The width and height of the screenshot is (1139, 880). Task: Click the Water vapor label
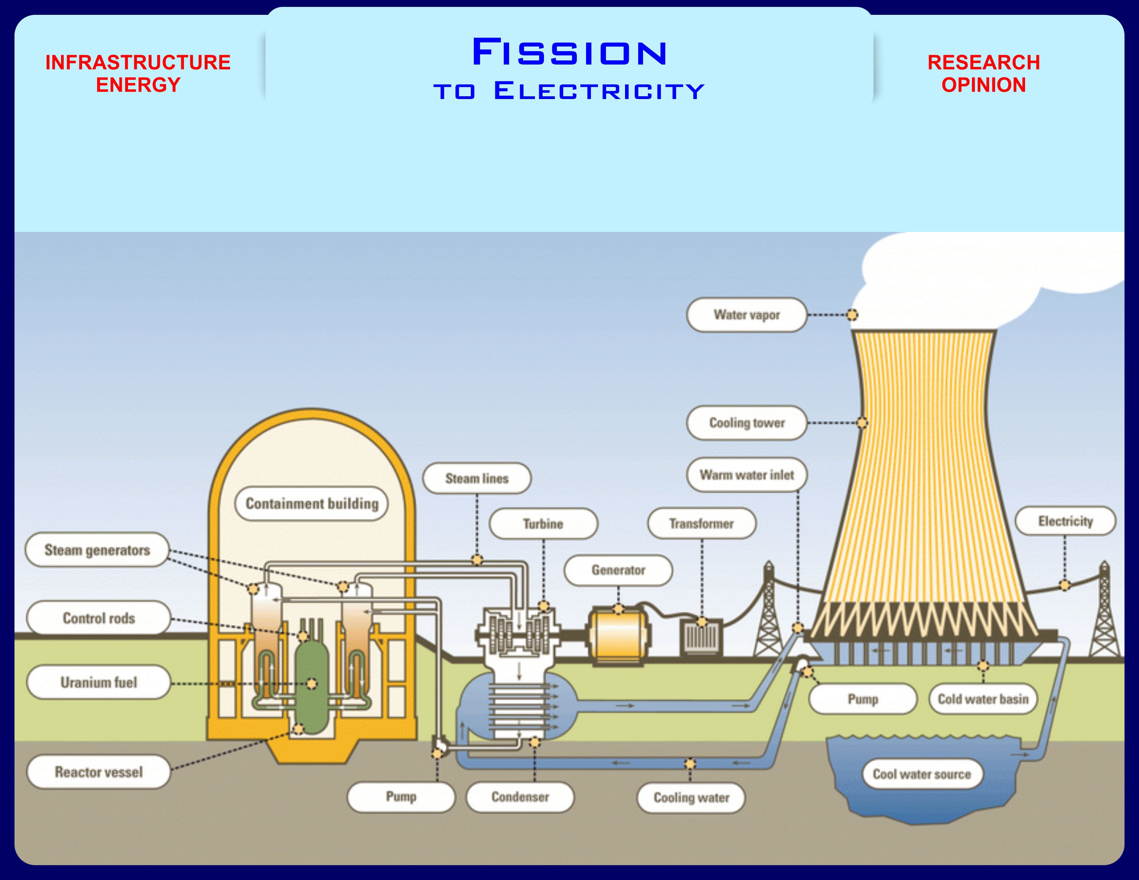pyautogui.click(x=747, y=315)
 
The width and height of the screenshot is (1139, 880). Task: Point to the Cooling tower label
pyautogui.click(x=747, y=423)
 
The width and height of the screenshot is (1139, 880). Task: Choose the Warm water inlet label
pyautogui.click(x=747, y=475)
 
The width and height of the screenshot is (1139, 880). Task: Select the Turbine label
pyautogui.click(x=543, y=524)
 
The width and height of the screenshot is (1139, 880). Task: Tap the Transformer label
pyautogui.click(x=701, y=524)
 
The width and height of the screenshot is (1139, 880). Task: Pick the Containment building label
pyautogui.click(x=312, y=503)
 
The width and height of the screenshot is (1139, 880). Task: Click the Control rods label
pyautogui.click(x=99, y=618)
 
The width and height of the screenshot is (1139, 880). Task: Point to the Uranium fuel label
pyautogui.click(x=99, y=682)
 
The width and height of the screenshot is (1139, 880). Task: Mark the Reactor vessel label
pyautogui.click(x=99, y=772)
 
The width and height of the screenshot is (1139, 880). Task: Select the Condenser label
pyautogui.click(x=520, y=797)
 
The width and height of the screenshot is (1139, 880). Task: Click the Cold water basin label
pyautogui.click(x=983, y=699)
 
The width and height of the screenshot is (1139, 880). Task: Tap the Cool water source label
pyautogui.click(x=922, y=774)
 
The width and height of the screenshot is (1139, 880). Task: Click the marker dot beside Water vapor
pyautogui.click(x=852, y=315)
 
